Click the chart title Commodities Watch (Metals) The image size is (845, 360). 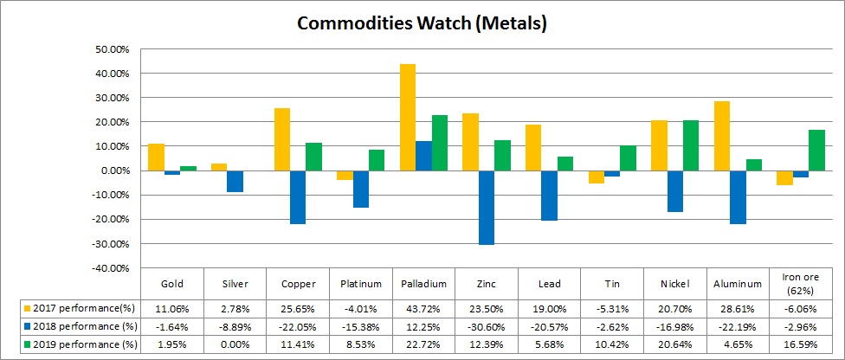422,23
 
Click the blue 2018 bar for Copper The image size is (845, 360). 298,197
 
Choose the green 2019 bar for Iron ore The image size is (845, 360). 816,151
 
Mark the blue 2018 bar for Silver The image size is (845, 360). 235,181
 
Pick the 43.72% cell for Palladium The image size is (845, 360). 423,307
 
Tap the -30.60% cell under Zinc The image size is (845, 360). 487,326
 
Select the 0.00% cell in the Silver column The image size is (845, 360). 235,344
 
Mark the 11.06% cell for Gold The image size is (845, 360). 171,307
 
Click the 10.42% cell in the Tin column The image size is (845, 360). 612,344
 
